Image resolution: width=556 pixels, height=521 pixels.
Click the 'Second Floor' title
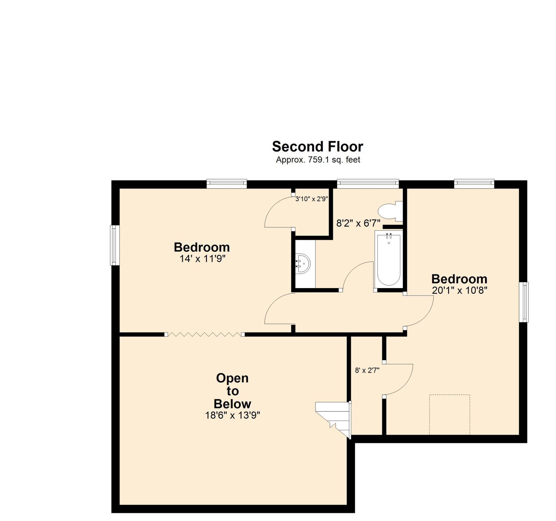[317, 146]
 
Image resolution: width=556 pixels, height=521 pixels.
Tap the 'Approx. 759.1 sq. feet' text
[318, 160]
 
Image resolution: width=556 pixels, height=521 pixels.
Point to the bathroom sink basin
[303, 263]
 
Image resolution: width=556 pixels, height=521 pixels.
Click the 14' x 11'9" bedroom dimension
[202, 258]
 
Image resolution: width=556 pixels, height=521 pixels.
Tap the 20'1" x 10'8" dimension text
[459, 290]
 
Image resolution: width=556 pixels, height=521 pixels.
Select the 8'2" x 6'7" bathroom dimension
[358, 223]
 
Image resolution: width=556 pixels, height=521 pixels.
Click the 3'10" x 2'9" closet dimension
[312, 199]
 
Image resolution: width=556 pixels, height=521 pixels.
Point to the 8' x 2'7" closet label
[367, 370]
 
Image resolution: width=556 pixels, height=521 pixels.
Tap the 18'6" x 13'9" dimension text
[233, 415]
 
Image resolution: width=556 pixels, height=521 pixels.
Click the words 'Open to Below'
[232, 391]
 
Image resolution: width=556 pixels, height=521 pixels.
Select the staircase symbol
[333, 420]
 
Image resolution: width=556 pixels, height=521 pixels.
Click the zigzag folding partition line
[204, 334]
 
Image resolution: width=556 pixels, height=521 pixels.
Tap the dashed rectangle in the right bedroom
[450, 414]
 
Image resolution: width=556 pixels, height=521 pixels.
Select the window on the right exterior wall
[524, 302]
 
